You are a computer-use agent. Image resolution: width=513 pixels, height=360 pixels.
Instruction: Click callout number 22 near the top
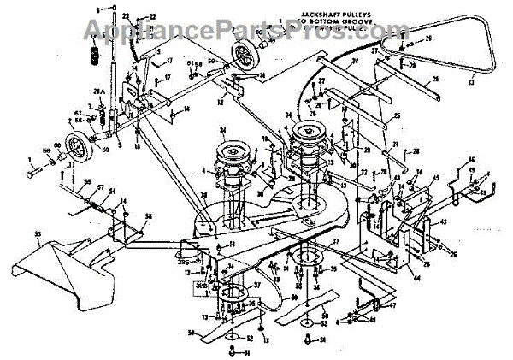tap(152, 16)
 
